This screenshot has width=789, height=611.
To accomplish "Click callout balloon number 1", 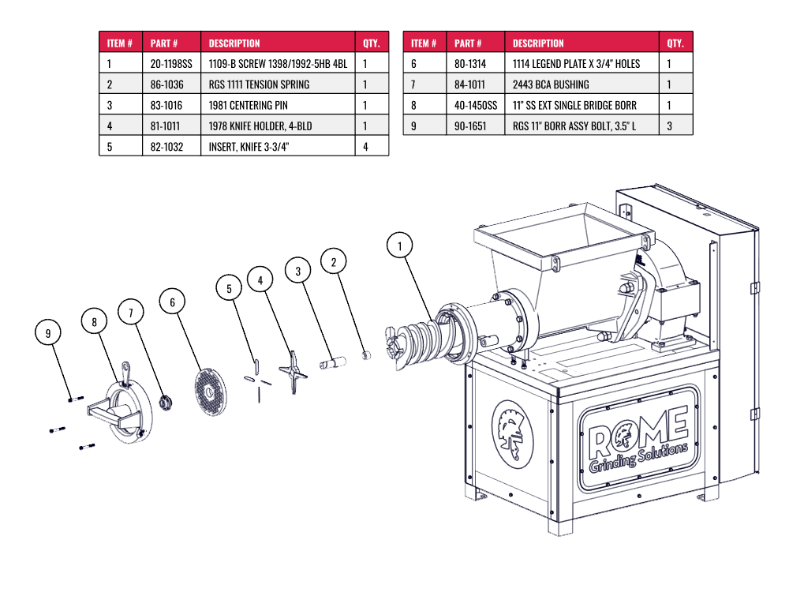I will coord(400,246).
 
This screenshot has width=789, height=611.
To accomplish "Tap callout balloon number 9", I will coord(48,334).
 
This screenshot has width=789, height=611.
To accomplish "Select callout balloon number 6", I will coord(172,302).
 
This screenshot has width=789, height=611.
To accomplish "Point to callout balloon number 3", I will coord(298,271).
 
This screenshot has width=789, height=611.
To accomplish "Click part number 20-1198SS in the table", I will coord(171,64).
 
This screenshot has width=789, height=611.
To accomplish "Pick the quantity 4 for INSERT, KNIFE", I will coord(366,146).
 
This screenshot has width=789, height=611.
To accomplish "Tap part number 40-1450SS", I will coord(476,105).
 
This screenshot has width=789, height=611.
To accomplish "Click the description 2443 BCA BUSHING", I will coord(551,84).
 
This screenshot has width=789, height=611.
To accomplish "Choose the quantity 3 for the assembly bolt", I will coord(669,126).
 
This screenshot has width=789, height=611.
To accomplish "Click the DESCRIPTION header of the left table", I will coord(234,43).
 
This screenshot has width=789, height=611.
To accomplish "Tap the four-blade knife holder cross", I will coord(294,372).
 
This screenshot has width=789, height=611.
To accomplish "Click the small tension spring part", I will coord(366,354).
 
